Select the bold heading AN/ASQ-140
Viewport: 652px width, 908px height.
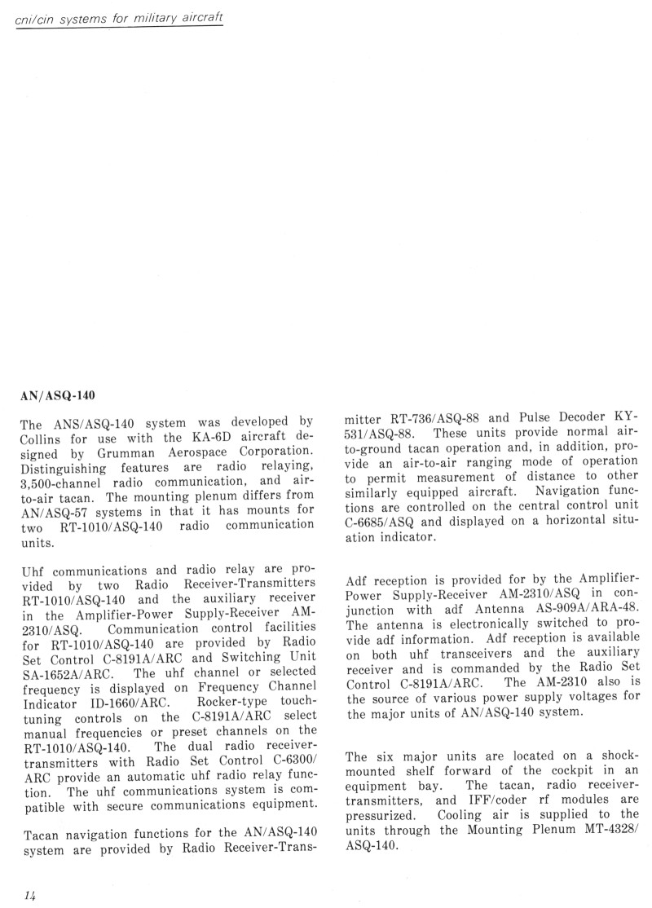click(x=58, y=396)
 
